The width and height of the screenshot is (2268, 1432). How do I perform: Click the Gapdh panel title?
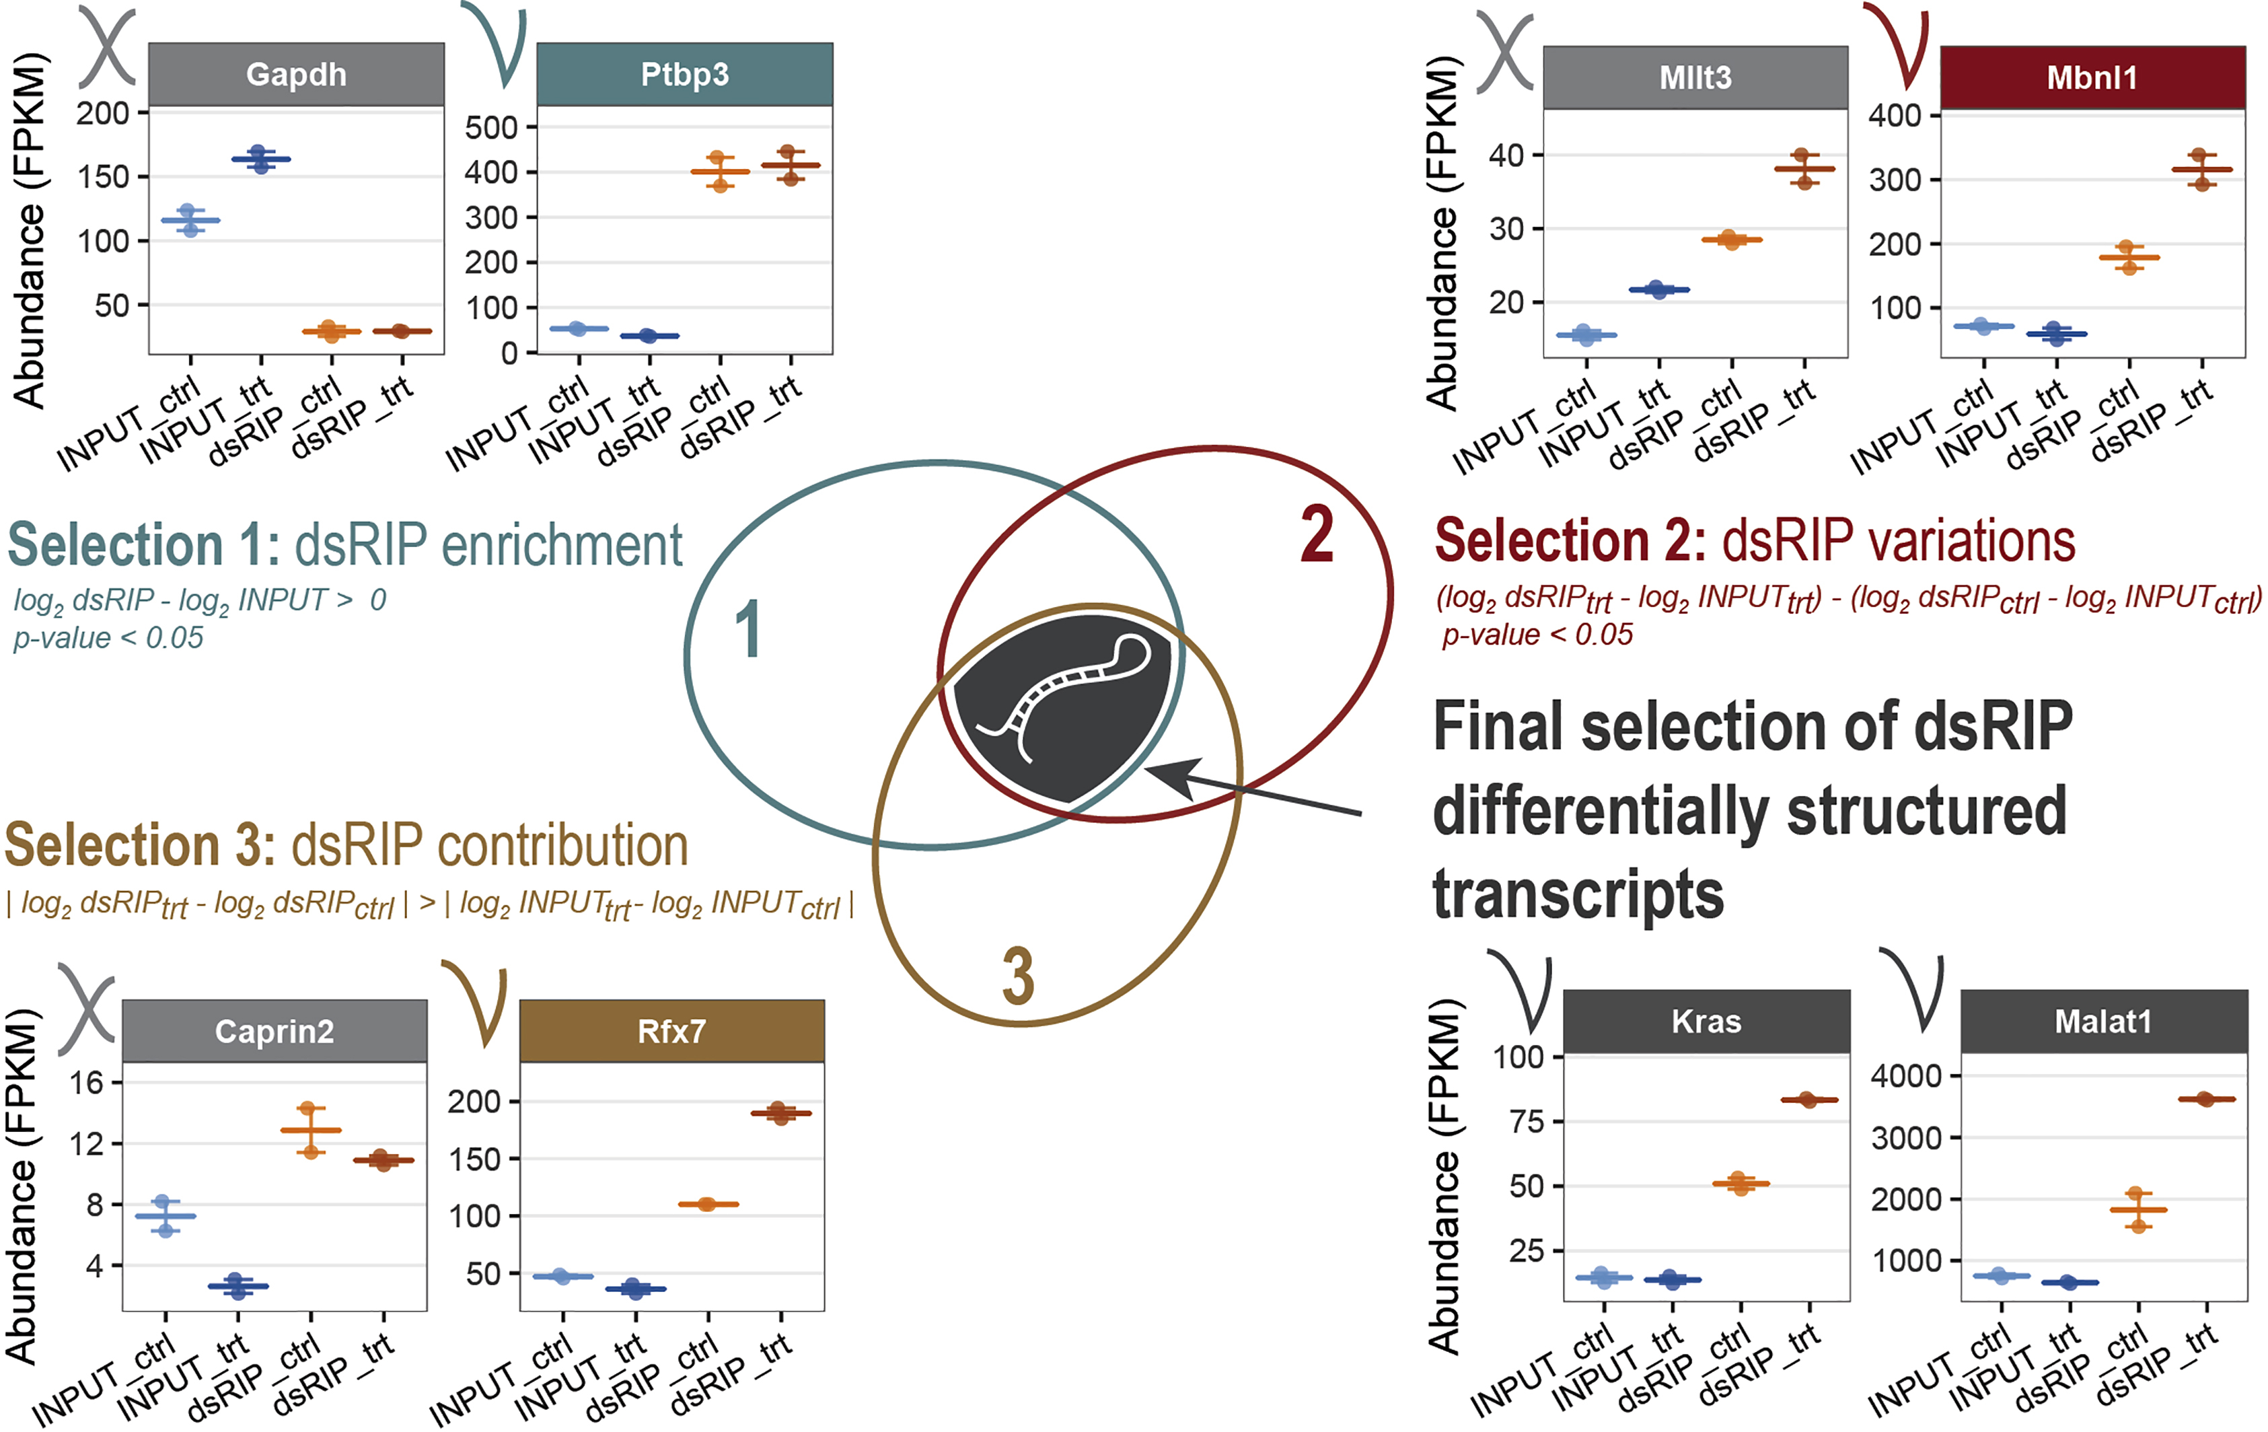pos(296,75)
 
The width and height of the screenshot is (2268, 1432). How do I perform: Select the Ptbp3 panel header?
pos(685,75)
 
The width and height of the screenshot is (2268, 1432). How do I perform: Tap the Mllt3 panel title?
pos(1695,77)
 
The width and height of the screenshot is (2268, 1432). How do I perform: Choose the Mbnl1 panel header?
pos(2092,77)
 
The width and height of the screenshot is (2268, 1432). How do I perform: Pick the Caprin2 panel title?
pos(274,1032)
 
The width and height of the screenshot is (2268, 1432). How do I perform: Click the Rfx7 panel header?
pos(671,1032)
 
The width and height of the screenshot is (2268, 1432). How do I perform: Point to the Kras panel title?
pos(1707,1022)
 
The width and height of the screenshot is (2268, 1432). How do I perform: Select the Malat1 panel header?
pos(2103,1022)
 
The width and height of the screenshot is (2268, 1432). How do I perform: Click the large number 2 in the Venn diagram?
pos(1317,535)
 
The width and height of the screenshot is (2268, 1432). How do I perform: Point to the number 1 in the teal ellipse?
pos(748,629)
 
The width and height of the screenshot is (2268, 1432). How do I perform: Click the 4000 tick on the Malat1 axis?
pos(1905,1075)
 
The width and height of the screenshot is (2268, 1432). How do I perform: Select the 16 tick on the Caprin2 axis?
pos(87,1083)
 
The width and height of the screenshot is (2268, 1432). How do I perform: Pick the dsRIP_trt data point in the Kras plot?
pos(1809,1100)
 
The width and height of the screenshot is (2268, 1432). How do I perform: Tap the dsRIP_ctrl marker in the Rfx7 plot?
pos(708,1204)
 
